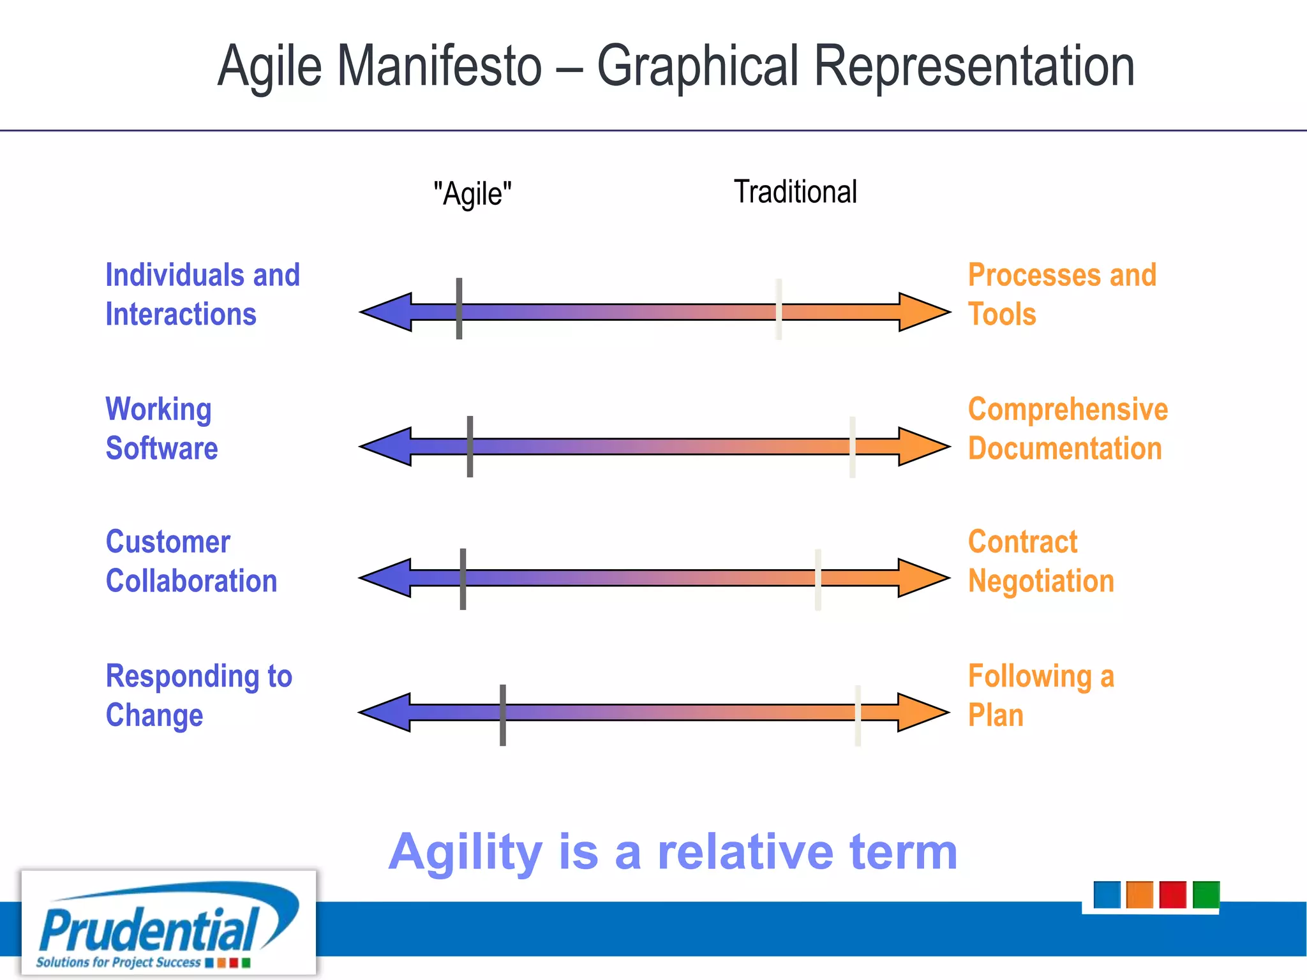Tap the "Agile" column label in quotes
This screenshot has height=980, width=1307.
click(472, 193)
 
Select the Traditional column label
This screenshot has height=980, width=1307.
click(795, 192)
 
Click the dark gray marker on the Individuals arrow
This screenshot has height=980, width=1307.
click(459, 309)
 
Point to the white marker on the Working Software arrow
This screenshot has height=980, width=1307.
click(852, 447)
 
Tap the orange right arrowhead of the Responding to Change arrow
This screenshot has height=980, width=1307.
click(922, 712)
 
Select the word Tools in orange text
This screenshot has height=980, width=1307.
click(1002, 315)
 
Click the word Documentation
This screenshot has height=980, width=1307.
click(1064, 449)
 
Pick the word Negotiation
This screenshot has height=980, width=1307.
click(1041, 581)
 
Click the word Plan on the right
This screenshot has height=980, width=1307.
click(996, 715)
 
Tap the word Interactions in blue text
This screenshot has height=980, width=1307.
click(181, 315)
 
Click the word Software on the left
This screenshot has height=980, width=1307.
click(161, 449)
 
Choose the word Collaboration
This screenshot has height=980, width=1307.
click(191, 581)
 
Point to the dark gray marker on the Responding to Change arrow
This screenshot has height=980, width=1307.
click(503, 715)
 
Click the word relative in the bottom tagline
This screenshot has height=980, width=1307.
click(745, 852)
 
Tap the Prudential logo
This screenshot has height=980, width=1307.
click(168, 923)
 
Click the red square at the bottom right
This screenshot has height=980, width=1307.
click(1172, 895)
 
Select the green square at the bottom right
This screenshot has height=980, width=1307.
click(1206, 895)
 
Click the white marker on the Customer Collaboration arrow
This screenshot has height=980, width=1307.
click(818, 579)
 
